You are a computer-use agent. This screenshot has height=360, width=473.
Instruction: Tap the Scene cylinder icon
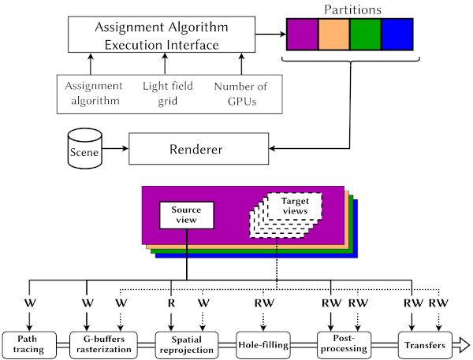click(x=84, y=147)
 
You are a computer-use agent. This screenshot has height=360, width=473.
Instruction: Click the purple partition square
click(x=302, y=36)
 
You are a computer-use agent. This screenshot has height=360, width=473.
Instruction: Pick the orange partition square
click(x=334, y=36)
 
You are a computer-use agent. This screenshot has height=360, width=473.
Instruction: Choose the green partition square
click(x=366, y=36)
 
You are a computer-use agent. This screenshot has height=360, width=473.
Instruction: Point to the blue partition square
click(x=397, y=36)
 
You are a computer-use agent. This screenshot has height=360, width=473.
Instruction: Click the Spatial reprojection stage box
click(x=185, y=344)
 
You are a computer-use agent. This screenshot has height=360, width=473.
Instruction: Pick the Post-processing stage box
click(x=340, y=344)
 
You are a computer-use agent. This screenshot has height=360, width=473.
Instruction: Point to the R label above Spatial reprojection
click(x=171, y=302)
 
